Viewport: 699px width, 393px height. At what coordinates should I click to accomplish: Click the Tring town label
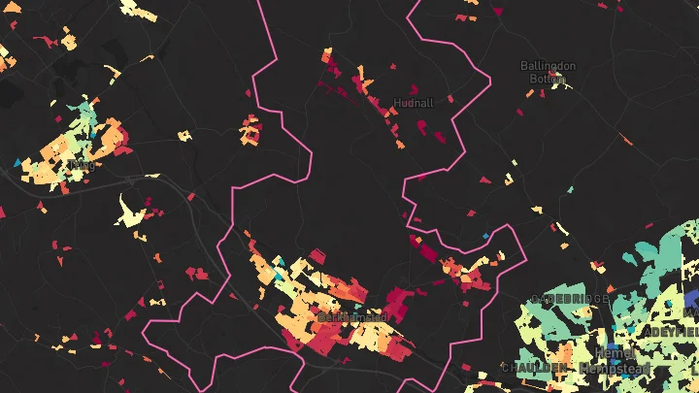point(84,166)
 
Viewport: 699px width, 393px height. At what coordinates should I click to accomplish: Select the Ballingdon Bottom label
point(548,72)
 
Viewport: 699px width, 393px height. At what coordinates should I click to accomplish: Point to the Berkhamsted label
point(352,317)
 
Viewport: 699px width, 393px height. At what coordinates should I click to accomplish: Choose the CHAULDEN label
point(534,368)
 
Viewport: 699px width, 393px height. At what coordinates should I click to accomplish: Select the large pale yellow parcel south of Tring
point(132,213)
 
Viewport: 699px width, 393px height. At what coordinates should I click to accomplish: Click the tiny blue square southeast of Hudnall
point(486,236)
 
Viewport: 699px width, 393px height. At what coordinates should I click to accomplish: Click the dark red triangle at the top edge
point(498,12)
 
